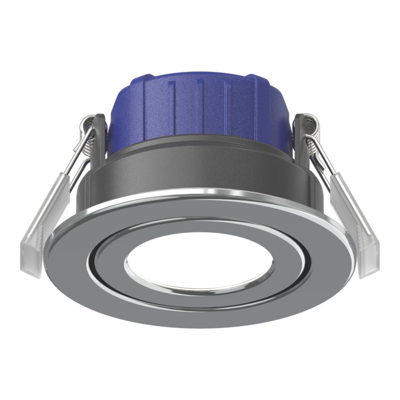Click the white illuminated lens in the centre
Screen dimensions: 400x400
(x=199, y=262)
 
